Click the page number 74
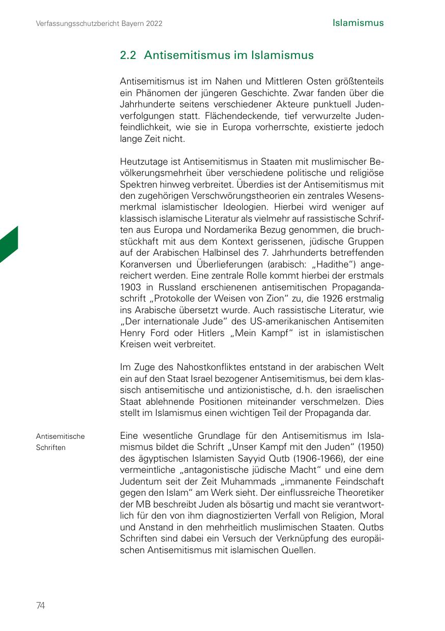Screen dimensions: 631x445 (41, 605)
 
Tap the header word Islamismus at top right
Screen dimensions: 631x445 (358, 23)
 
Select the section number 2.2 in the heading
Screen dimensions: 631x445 (128, 55)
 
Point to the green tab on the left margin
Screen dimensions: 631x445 (9, 245)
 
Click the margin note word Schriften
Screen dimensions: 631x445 (51, 447)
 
